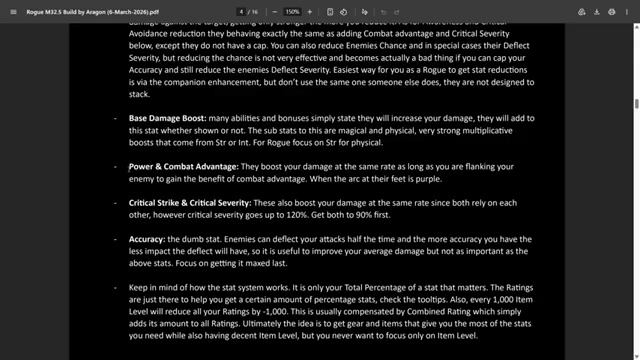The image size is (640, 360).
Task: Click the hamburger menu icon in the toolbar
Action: tap(9, 11)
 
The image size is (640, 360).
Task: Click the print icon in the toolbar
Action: tap(609, 11)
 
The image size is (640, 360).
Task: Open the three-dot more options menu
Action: tap(629, 11)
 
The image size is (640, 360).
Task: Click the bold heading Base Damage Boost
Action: tap(167, 118)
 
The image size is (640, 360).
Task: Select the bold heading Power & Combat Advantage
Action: tap(184, 165)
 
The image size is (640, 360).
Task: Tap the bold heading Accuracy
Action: tap(147, 240)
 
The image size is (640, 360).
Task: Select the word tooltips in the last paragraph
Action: tap(431, 300)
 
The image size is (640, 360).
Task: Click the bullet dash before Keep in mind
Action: tap(116, 288)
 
